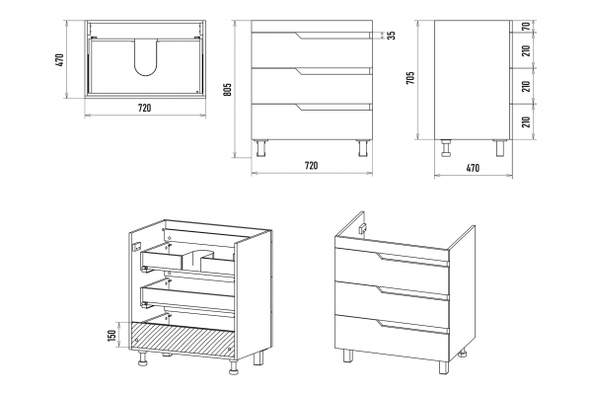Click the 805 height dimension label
[x=227, y=89]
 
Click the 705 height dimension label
[x=410, y=78]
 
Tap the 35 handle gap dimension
[x=392, y=36]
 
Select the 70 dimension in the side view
[x=526, y=27]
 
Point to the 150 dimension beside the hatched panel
[x=111, y=336]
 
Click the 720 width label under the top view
[x=145, y=108]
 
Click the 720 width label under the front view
[x=311, y=166]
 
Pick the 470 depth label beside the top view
[x=60, y=59]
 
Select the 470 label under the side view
[x=473, y=168]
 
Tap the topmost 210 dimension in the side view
[x=526, y=50]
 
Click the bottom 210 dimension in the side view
[x=526, y=121]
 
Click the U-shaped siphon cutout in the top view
[x=145, y=56]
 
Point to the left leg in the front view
[x=260, y=148]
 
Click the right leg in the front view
[x=363, y=148]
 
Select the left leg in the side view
[x=447, y=148]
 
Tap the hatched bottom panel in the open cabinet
[x=184, y=340]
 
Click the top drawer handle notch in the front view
[x=333, y=36]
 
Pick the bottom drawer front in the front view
[x=312, y=121]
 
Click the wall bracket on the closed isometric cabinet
[x=363, y=228]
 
